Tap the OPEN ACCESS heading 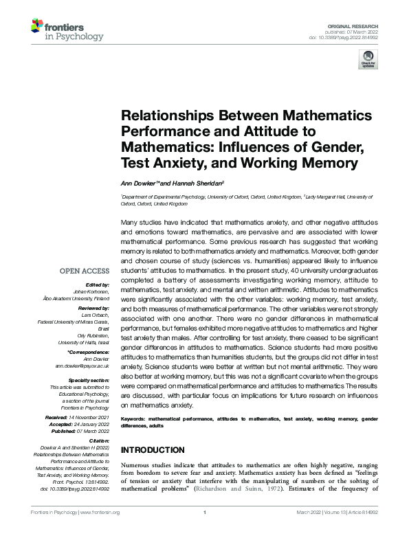click(85, 271)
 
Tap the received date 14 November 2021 click(92, 418)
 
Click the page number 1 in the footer click(205, 512)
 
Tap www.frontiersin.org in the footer click(100, 512)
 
